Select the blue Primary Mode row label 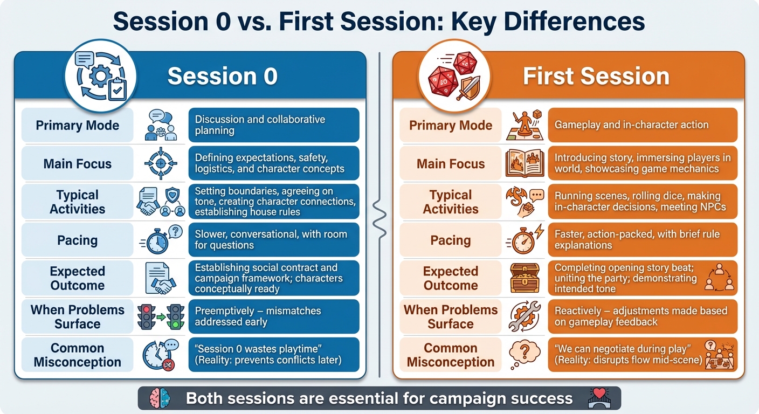77,126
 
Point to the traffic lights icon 160,317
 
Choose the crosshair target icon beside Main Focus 160,164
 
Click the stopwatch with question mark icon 160,240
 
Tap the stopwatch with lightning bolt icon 521,240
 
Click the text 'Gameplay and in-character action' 631,125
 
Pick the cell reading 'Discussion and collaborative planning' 273,125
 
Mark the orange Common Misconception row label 450,355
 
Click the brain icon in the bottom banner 160,399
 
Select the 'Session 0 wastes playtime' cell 273,355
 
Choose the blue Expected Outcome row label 77,278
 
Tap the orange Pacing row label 450,240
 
